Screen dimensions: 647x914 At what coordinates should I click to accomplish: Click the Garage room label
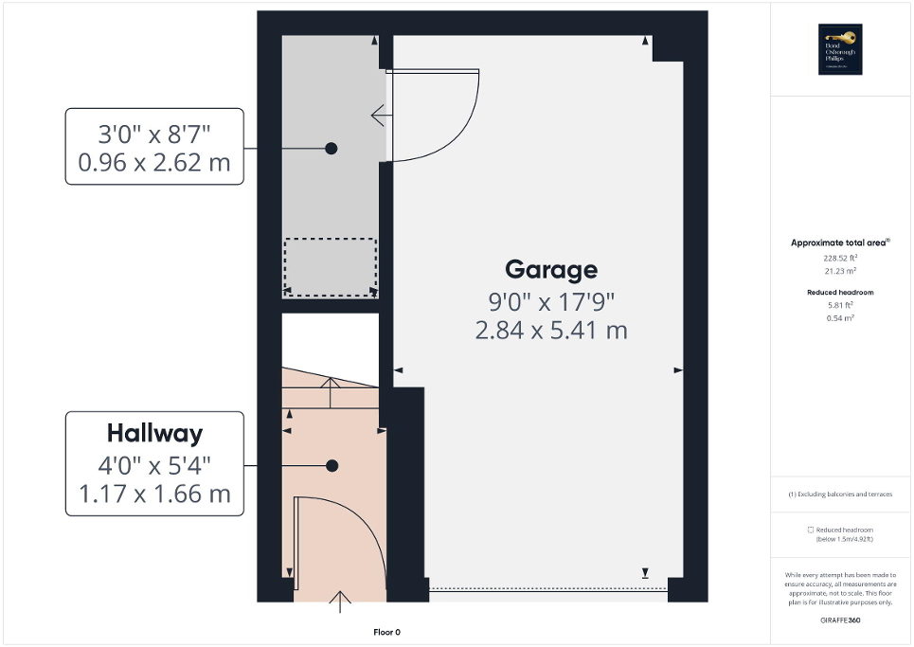tap(551, 269)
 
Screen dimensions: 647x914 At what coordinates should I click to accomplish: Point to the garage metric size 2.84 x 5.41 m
tap(551, 330)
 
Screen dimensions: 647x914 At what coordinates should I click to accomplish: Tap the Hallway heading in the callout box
tap(154, 434)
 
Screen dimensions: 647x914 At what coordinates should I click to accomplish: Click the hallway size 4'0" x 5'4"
tap(154, 465)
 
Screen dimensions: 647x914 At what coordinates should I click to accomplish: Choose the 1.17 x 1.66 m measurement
tap(154, 494)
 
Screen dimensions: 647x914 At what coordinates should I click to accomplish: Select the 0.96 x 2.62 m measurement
tap(154, 162)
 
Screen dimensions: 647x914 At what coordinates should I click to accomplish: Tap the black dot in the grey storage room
tap(332, 148)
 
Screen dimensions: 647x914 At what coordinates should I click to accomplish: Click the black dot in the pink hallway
tap(332, 465)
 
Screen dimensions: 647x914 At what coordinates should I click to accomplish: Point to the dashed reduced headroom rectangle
tap(331, 267)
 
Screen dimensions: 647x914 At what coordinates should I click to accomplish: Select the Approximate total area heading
tap(840, 243)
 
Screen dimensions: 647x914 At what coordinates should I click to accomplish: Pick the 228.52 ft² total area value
tap(840, 257)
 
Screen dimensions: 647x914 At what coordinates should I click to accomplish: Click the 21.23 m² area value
tap(840, 270)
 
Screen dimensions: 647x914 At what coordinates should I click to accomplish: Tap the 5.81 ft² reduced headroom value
tap(840, 305)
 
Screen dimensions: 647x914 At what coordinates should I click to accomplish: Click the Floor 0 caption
tap(385, 632)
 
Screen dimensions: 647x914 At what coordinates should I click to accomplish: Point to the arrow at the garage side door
tap(382, 117)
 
